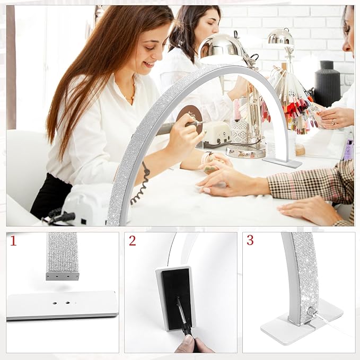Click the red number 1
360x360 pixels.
(13, 242)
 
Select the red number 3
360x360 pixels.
(250, 240)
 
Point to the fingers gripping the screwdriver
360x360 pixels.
(188, 344)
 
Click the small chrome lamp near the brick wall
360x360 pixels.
(281, 38)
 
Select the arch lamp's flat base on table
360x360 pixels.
(282, 161)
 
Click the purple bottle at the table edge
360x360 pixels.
(348, 150)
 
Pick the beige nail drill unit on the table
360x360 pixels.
(217, 133)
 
